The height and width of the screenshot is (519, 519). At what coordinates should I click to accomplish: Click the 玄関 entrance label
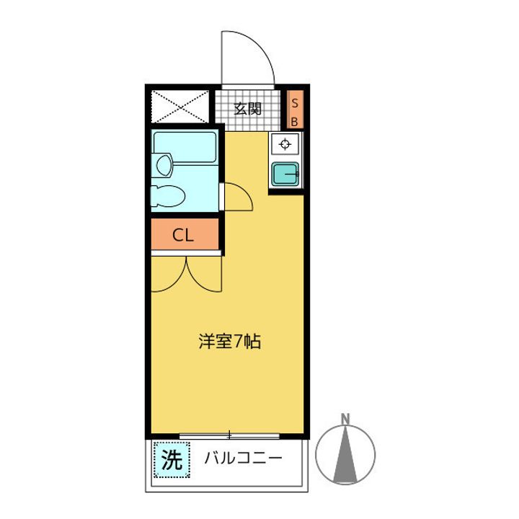[247, 110]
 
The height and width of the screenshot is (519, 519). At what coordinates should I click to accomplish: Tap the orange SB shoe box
[294, 110]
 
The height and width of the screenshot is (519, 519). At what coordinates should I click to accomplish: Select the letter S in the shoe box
[294, 102]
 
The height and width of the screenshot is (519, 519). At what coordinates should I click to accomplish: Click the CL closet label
[184, 234]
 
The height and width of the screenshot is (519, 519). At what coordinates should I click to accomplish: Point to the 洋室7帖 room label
[229, 341]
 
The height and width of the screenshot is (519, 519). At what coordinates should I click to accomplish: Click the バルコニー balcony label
[241, 458]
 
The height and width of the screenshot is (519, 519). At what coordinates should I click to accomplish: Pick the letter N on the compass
[346, 418]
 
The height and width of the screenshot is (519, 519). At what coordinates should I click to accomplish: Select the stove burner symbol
[285, 143]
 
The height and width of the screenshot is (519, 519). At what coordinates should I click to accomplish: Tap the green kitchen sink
[285, 174]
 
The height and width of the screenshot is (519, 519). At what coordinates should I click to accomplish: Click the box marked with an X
[181, 108]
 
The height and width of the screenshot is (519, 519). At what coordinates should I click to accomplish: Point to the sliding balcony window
[229, 435]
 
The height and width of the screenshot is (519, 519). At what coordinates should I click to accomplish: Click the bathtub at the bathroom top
[185, 148]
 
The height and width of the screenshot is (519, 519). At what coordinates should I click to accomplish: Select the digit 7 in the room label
[237, 341]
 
